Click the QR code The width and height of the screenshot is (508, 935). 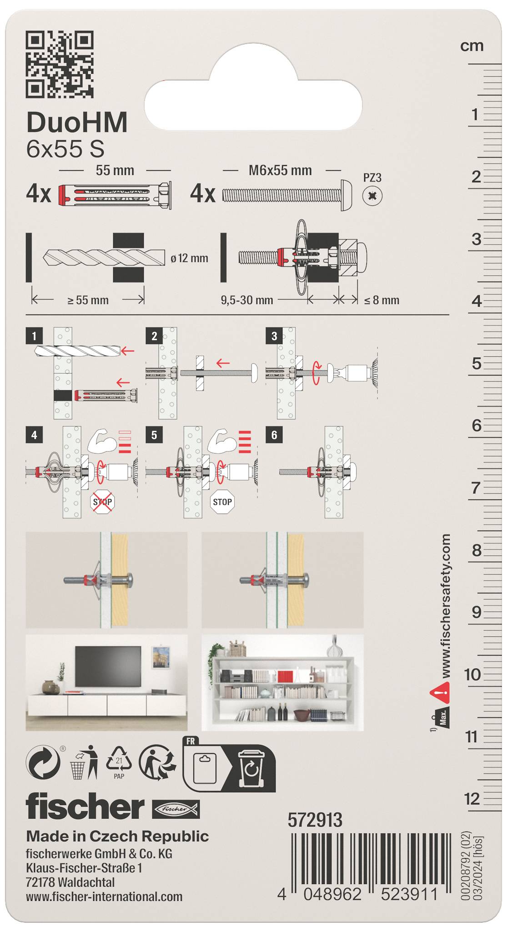[x=60, y=64]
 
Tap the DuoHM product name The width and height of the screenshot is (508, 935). [x=77, y=123]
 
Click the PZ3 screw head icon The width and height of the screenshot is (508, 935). [x=372, y=196]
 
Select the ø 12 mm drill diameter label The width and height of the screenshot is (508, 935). [x=189, y=258]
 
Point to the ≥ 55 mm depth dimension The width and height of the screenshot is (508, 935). [x=88, y=300]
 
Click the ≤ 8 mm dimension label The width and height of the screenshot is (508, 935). [x=382, y=300]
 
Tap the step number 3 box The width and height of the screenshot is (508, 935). [x=274, y=336]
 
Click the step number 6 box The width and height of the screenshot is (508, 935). [x=274, y=435]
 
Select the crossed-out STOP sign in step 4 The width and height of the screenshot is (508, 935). [x=103, y=502]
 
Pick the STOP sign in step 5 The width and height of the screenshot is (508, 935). [x=222, y=502]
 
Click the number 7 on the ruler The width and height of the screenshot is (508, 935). [x=476, y=488]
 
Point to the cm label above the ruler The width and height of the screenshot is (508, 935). [x=472, y=46]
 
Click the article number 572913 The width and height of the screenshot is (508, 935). [x=315, y=820]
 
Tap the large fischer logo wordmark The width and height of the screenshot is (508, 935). [x=85, y=807]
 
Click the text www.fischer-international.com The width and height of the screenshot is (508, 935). [x=104, y=897]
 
